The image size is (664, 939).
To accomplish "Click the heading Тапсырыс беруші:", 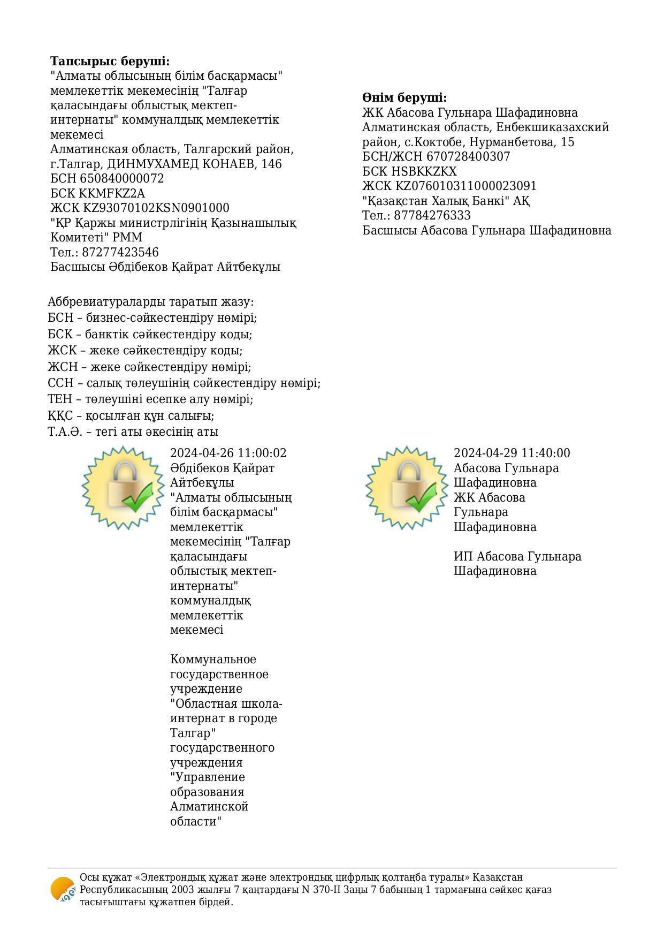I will [x=110, y=61].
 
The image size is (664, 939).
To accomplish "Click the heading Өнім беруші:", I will [x=404, y=98].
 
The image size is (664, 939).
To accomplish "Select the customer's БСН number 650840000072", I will [x=122, y=178].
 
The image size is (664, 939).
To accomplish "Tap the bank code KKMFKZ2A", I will [x=112, y=193].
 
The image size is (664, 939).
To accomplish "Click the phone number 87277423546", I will [x=121, y=252].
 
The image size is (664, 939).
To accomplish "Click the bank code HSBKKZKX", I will [x=426, y=171].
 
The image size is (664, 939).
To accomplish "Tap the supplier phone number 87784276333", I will [x=432, y=216].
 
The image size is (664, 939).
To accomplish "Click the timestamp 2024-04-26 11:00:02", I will [x=228, y=453].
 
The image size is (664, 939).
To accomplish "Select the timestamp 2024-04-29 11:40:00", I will [x=512, y=453].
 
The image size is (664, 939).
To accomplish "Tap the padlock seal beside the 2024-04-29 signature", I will [x=408, y=488].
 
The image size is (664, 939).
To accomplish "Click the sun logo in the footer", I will [x=63, y=889].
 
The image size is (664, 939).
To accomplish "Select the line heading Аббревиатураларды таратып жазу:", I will [x=150, y=302].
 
